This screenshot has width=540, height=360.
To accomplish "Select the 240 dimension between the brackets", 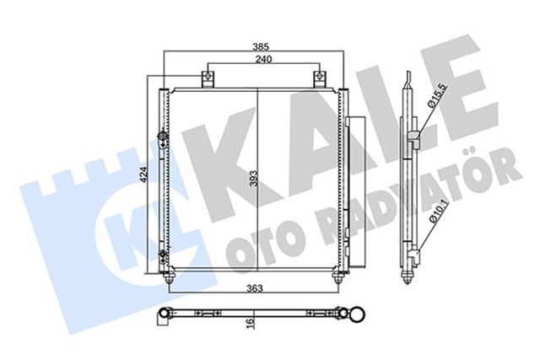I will pyautogui.click(x=263, y=61).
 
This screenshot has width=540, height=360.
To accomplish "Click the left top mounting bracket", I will pyautogui.click(x=207, y=79).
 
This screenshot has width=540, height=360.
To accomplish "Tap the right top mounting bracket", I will pyautogui.click(x=320, y=79).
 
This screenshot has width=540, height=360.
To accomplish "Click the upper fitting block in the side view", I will pyautogui.click(x=413, y=137).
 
